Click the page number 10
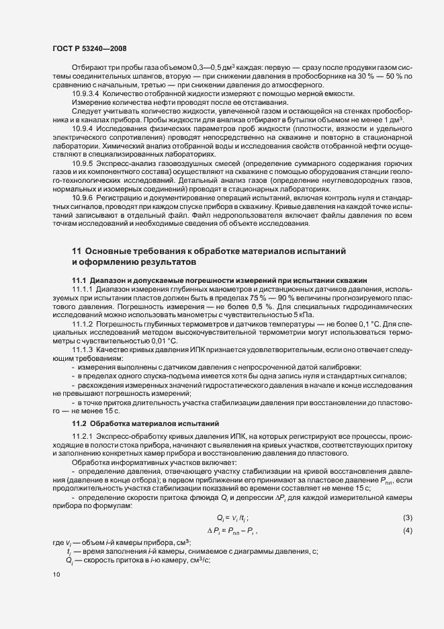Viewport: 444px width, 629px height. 56,575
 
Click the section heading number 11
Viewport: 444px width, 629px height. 76,251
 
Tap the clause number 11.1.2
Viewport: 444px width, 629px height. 83,324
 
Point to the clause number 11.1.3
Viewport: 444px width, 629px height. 83,350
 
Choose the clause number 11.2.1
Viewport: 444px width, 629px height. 83,437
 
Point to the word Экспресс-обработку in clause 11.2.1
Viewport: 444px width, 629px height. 131,437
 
